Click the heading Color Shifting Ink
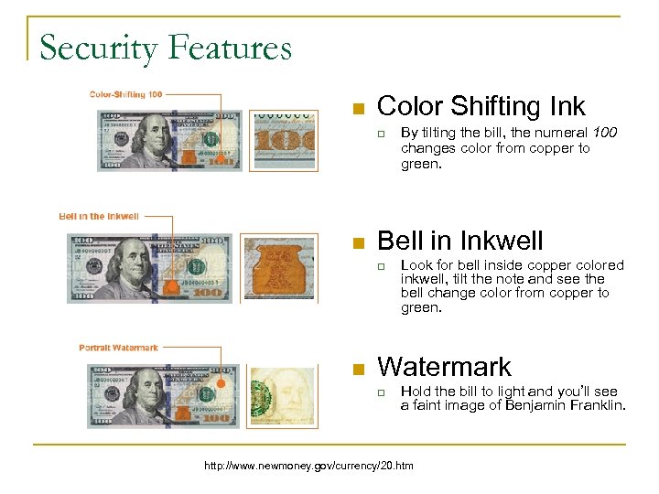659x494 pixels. (x=481, y=106)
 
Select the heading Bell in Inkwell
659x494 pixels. (x=459, y=241)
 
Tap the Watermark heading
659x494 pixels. (x=444, y=367)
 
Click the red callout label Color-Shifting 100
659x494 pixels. (x=126, y=93)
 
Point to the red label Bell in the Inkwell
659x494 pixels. (x=99, y=216)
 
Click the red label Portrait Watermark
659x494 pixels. (x=118, y=348)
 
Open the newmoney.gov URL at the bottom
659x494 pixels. (x=308, y=466)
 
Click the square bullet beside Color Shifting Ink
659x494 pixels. (x=360, y=110)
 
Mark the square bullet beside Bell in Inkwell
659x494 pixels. (x=360, y=243)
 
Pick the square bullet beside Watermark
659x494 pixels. (x=360, y=370)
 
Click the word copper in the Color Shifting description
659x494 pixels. (x=552, y=147)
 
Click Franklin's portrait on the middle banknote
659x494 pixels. (x=127, y=266)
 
